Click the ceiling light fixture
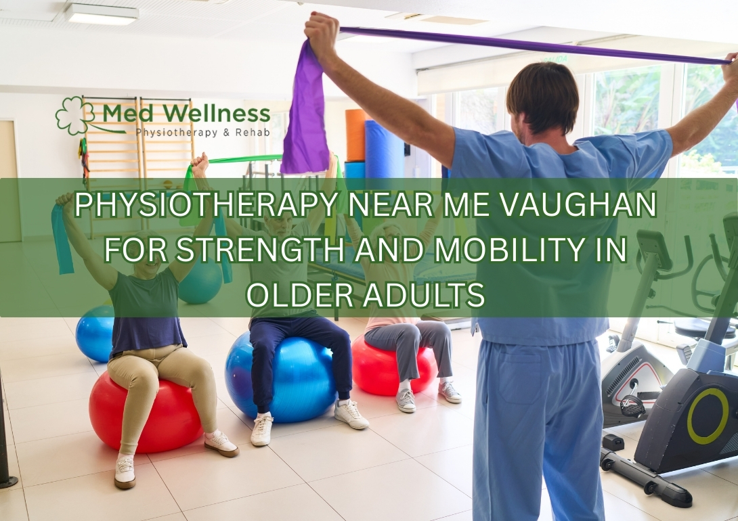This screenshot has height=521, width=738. point(102,14)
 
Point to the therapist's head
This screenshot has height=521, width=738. point(542,98)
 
